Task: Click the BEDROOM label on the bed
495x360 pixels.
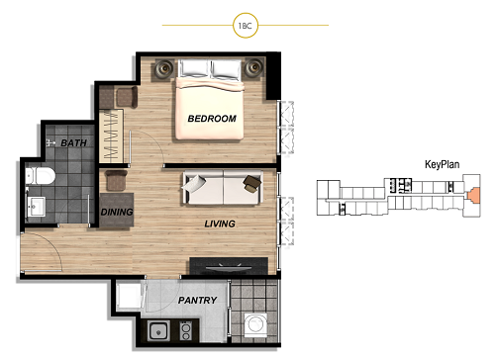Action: (x=212, y=119)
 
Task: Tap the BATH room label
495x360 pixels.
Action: (x=73, y=142)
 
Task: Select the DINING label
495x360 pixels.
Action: (x=117, y=212)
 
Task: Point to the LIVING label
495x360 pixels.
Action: (x=220, y=224)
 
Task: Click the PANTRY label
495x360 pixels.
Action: (x=197, y=300)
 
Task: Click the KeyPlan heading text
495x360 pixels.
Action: (x=442, y=164)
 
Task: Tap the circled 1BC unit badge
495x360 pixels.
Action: (x=246, y=26)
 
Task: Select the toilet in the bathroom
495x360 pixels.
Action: (x=40, y=176)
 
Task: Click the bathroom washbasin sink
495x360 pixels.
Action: (x=36, y=207)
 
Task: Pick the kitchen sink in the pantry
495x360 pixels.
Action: (x=158, y=331)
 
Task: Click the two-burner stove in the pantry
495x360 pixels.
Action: (x=185, y=331)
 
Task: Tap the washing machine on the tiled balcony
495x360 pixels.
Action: (x=255, y=324)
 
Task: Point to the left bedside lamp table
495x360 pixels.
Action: (x=163, y=69)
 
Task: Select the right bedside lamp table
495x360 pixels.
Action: (x=253, y=68)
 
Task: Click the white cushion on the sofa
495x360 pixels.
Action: (x=194, y=183)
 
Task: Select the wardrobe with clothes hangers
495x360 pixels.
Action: (x=111, y=135)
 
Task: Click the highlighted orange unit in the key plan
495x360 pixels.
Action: (x=473, y=195)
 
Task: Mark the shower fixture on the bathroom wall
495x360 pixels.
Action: (x=50, y=142)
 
